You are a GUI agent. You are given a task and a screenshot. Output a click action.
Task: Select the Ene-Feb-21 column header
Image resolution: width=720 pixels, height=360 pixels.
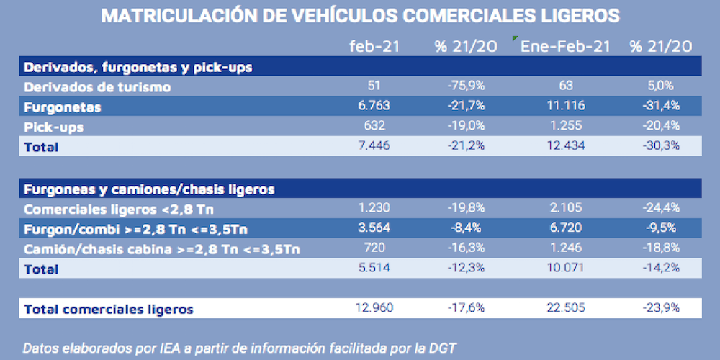tap(566, 47)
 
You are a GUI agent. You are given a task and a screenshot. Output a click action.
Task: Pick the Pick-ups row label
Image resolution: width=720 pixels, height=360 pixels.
tap(54, 127)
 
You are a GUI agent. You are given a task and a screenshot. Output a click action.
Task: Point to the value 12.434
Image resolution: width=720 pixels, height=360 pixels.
tap(565, 147)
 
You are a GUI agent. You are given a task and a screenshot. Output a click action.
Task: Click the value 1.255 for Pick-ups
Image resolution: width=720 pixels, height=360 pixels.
tap(565, 127)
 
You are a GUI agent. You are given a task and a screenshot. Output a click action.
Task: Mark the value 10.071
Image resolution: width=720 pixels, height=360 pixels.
tap(565, 269)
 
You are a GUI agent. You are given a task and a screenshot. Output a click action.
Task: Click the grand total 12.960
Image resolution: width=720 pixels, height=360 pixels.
tap(374, 310)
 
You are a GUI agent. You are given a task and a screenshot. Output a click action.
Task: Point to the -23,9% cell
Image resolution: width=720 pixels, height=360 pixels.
tap(660, 310)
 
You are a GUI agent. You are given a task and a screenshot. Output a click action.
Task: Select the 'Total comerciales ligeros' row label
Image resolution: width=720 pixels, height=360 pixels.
tap(109, 310)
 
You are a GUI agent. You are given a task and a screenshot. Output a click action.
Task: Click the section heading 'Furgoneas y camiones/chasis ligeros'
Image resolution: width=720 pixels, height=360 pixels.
tap(149, 189)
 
